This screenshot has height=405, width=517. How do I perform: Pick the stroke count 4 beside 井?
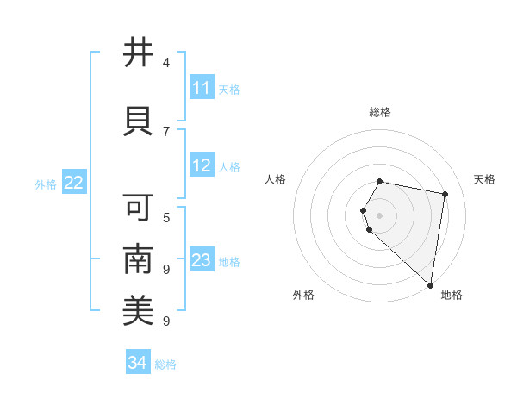pos(166,63)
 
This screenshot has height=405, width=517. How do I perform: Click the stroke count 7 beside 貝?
pos(166,131)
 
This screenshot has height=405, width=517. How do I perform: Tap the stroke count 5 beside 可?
pos(166,216)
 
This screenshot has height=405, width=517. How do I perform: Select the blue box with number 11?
pos(202,88)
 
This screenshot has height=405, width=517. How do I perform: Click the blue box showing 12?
pos(202,165)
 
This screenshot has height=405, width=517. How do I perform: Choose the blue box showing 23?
pos(202,260)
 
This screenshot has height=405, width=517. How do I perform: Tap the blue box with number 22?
pos(74,183)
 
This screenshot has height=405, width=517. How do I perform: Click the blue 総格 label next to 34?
pos(165,364)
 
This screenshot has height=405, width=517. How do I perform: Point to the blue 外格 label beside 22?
pos(46,184)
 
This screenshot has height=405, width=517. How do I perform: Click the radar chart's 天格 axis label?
pos(484,179)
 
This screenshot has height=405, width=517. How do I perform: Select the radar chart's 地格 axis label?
pos(452,295)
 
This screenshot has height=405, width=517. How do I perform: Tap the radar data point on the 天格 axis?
pos(445,195)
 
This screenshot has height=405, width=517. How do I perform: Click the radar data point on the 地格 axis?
pos(430,283)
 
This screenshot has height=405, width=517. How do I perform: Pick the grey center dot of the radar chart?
pos(380,215)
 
